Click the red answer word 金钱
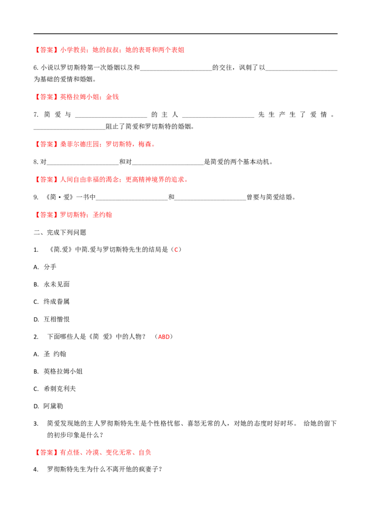coord(113,97)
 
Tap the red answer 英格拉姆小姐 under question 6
coord(80,97)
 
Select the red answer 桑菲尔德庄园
coord(80,144)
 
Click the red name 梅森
coord(145,144)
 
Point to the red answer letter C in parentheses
coord(176,250)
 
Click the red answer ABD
coord(164,337)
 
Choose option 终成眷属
coord(57,301)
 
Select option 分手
coord(50,267)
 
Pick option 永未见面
coord(57,284)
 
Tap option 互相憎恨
coord(57,319)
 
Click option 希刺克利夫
coord(60,389)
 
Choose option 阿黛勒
coord(53,406)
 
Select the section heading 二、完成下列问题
coord(60,232)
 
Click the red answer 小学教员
coord(73,50)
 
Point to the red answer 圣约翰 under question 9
coord(102,215)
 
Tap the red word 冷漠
coord(92,453)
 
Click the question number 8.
coord(36,162)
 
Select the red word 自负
coord(145,453)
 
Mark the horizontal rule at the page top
coord(185,33)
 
